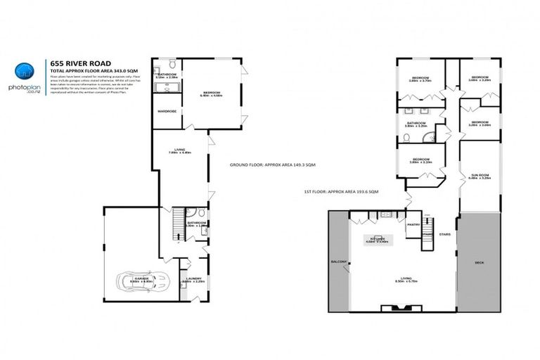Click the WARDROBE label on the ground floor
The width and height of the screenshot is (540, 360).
pyautogui.click(x=166, y=110)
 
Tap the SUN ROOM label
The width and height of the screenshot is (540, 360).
pyautogui.click(x=480, y=174)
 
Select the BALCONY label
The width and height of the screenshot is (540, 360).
pyautogui.click(x=339, y=262)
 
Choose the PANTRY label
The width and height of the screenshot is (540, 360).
pyautogui.click(x=413, y=224)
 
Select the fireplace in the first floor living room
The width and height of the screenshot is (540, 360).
pyautogui.click(x=398, y=307)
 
